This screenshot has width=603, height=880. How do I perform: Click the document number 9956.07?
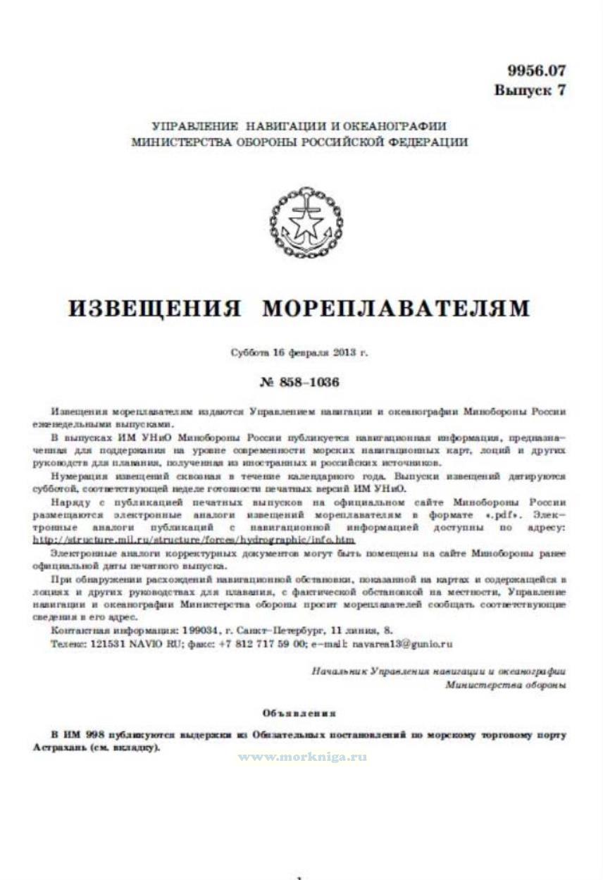[536, 70]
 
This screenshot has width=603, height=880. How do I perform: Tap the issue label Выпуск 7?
[529, 90]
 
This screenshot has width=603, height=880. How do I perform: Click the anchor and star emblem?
[307, 222]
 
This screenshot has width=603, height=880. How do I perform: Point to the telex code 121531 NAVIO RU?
[124, 644]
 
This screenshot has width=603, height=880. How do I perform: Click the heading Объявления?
[299, 713]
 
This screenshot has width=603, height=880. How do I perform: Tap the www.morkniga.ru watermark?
[302, 757]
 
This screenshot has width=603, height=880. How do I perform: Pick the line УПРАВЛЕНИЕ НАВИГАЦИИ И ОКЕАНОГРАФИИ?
[299, 127]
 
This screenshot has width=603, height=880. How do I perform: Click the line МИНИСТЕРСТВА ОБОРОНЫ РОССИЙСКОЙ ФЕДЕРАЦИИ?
[299, 142]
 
